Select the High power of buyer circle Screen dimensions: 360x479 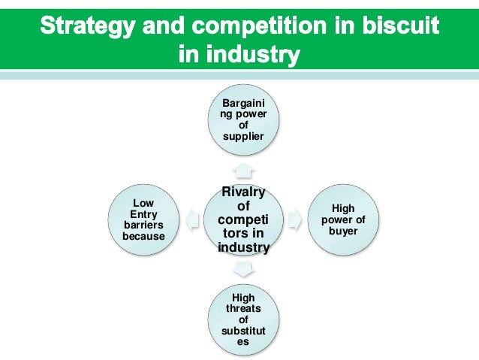[343, 220]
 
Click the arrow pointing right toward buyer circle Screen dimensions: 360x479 [295, 220]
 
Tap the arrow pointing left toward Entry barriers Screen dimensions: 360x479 [192, 220]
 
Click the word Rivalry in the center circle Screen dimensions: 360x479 [243, 192]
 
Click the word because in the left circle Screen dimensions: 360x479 [143, 236]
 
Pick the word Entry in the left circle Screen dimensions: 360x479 [143, 214]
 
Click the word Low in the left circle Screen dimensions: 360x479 [143, 203]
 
